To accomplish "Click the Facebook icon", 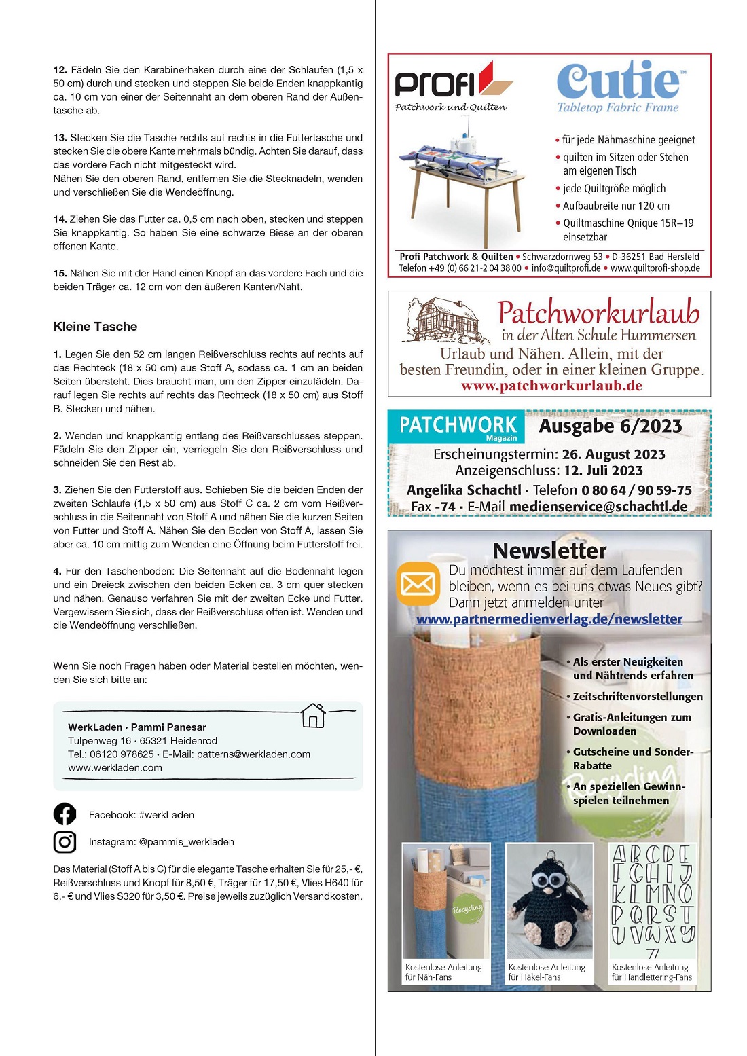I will [65, 814].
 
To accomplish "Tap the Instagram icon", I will [65, 842].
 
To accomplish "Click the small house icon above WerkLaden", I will [313, 716].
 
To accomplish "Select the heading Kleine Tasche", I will [95, 327].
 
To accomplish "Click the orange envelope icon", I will [418, 583].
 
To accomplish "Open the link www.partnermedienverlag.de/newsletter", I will [549, 619].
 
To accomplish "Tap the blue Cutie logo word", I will [617, 81].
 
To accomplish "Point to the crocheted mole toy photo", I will [549, 900].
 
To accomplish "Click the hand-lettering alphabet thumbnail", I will [652, 900].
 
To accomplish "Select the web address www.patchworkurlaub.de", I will [551, 386].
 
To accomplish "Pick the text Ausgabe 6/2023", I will [610, 426].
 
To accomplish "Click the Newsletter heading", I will [549, 550].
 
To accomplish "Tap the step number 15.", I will [60, 273].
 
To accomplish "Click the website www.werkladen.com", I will [115, 768].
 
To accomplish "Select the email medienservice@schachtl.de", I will [598, 507].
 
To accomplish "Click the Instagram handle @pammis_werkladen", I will [186, 842].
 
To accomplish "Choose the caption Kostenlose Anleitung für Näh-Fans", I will [443, 972].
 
